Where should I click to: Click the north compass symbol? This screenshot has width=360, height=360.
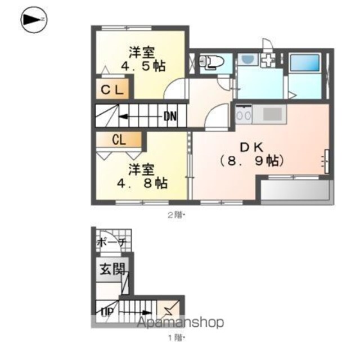[34, 20]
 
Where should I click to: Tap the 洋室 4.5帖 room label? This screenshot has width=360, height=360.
[143, 59]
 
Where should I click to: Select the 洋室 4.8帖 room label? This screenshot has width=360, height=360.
[142, 176]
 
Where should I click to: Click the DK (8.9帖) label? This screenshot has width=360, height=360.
[251, 154]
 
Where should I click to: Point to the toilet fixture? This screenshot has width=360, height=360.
[211, 62]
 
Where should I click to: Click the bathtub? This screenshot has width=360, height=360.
[305, 62]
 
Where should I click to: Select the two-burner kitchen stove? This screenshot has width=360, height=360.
[244, 114]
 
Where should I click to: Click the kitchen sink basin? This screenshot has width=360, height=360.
[272, 114]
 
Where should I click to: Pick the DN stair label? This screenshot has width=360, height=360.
[170, 116]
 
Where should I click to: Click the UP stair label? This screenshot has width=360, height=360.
[107, 312]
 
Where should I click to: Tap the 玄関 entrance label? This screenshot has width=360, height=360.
[112, 269]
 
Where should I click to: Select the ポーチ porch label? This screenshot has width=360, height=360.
[112, 242]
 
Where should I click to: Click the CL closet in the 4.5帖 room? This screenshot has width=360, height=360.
[112, 90]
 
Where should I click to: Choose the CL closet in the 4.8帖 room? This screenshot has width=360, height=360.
[119, 139]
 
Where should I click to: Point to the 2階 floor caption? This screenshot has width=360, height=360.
[177, 215]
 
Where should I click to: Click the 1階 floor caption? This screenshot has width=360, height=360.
[177, 337]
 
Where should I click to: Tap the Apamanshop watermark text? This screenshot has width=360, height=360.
[180, 322]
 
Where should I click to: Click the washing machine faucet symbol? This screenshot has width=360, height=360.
[268, 60]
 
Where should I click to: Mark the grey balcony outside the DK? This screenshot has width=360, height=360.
[297, 191]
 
